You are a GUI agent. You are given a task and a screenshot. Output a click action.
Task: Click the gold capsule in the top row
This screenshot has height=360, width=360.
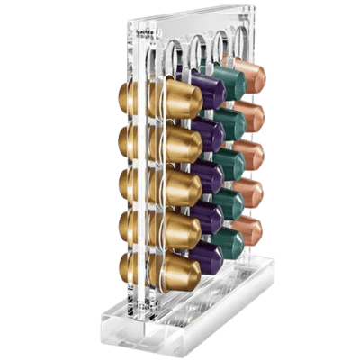(180, 96)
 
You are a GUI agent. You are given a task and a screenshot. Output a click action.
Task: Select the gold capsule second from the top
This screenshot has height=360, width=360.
(180, 140)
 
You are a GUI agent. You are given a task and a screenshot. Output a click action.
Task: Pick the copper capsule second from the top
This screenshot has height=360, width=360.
(249, 112)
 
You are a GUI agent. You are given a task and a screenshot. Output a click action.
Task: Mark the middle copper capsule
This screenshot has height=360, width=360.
(249, 151)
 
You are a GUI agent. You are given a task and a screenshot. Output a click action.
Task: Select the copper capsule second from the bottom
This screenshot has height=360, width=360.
(249, 190)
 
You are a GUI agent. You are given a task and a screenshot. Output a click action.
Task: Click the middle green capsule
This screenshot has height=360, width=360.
(229, 162)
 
